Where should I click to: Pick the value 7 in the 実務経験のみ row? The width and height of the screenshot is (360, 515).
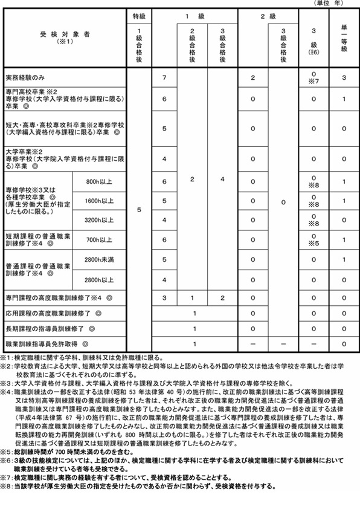pyautogui.click(x=164, y=78)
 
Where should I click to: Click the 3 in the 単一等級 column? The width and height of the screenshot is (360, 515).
pyautogui.click(x=342, y=78)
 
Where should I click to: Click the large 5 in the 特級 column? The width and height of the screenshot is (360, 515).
pyautogui.click(x=139, y=210)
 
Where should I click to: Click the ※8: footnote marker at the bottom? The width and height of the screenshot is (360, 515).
pyautogui.click(x=8, y=485)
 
